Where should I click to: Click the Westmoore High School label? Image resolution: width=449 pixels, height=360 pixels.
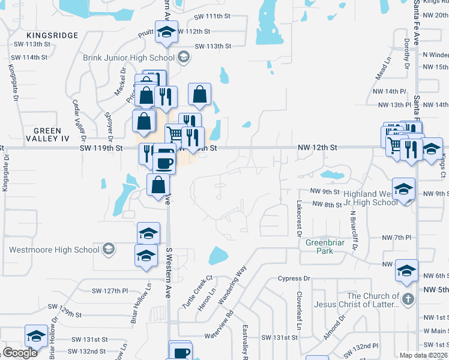pos(53,250)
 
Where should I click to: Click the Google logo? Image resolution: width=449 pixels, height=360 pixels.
pos(20,353)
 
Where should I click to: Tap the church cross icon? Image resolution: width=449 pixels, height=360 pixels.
pos(408,299)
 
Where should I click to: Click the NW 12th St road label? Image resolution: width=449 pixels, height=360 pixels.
pos(318,147)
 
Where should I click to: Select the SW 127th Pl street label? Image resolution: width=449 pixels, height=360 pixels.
pos(110,291)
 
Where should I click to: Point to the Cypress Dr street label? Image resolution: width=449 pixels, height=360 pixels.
pos(294,278)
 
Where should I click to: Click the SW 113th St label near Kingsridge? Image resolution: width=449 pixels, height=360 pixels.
pos(29,44)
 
